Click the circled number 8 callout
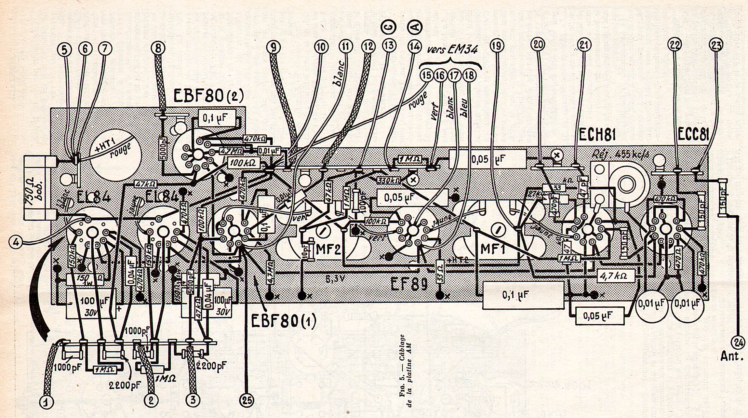tap(158, 48)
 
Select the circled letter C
tap(388, 27)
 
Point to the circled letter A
tap(415, 27)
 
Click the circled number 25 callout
tap(247, 400)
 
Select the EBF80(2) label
tap(208, 96)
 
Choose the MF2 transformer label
tap(328, 249)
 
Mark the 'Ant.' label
tap(732, 356)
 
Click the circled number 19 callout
tap(497, 46)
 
